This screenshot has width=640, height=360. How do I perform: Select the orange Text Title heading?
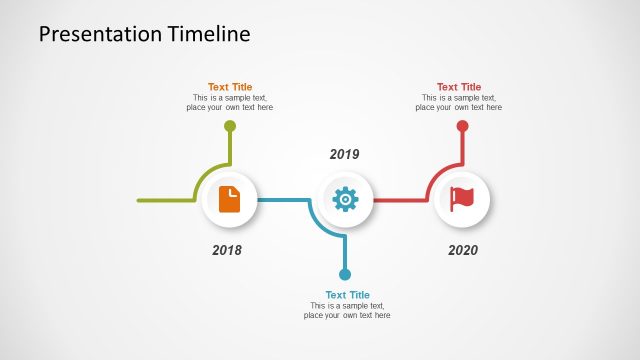tap(230, 87)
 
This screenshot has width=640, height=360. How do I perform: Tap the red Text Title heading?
tap(459, 87)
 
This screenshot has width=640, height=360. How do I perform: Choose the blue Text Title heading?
tap(347, 295)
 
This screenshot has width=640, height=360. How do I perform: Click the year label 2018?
tap(227, 250)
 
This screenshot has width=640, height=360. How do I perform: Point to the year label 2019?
tap(344, 155)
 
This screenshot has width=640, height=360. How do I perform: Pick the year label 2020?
tap(463, 250)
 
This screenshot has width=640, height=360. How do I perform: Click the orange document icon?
tap(230, 199)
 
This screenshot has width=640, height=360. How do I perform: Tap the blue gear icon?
tap(345, 199)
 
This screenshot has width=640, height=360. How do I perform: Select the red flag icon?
tap(462, 199)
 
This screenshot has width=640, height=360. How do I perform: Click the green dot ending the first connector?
tap(230, 126)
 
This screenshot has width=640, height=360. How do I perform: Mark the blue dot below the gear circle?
tap(345, 274)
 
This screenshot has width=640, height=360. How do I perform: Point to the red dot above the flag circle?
tap(462, 126)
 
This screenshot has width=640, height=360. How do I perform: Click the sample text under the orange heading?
tap(230, 103)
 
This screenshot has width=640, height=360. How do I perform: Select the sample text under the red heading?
tap(459, 103)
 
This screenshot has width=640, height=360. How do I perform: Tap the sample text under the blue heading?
tap(347, 310)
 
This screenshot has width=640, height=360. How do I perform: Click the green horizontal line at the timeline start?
tap(165, 200)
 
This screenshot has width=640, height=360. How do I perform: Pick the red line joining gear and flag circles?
tap(400, 200)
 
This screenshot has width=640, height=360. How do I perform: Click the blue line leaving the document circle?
tap(282, 200)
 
